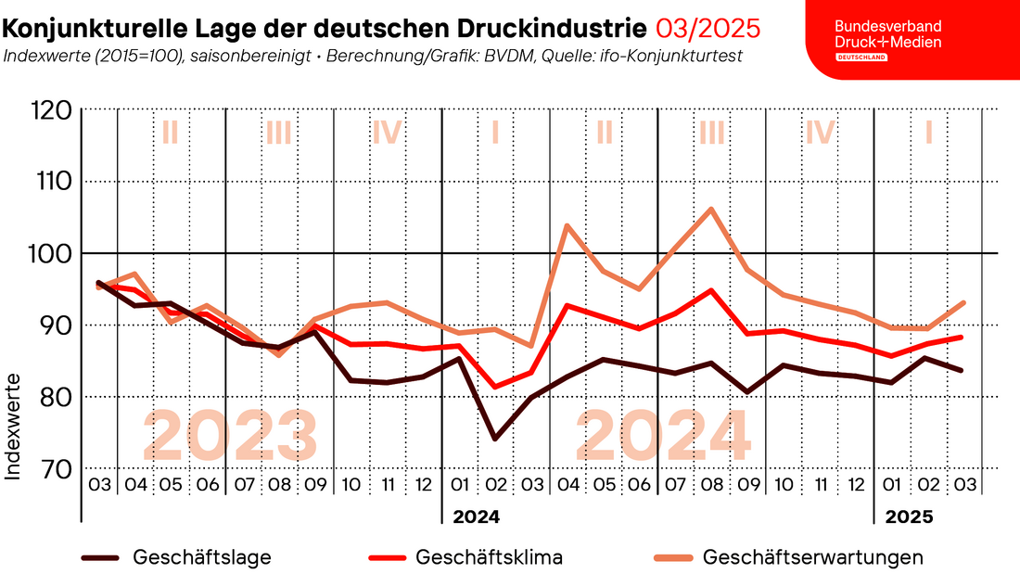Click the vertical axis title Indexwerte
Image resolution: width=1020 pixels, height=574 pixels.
[14, 427]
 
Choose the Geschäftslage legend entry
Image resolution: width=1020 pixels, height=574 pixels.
[202, 557]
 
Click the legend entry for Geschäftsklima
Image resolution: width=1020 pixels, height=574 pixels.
[489, 557]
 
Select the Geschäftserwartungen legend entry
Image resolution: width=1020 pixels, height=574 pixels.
[812, 557]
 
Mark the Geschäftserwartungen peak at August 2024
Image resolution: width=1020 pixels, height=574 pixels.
[711, 209]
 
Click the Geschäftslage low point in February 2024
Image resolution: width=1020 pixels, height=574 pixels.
[495, 439]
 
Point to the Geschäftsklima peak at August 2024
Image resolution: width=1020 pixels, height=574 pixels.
[711, 290]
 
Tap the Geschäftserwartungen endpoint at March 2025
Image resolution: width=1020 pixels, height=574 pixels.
[963, 302]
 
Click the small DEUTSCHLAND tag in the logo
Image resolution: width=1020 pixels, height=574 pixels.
[861, 57]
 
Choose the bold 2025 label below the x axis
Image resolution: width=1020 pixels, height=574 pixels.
[909, 517]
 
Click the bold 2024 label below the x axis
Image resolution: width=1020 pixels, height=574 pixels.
[476, 517]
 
